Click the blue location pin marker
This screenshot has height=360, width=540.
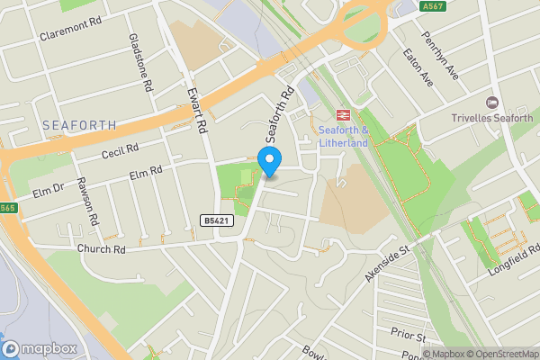click(x=269, y=160)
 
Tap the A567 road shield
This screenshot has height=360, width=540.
click(x=432, y=6)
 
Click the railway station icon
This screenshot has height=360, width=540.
click(x=343, y=114)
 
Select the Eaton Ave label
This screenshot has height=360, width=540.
click(x=418, y=68)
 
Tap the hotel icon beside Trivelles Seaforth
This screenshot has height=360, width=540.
click(x=491, y=103)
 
